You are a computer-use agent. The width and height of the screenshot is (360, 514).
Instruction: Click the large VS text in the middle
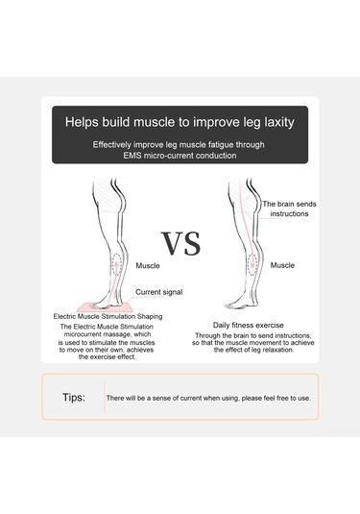click(x=180, y=243)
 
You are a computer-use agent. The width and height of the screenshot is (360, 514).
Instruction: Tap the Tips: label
click(x=74, y=398)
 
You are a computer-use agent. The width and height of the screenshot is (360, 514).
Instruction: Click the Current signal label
click(x=158, y=292)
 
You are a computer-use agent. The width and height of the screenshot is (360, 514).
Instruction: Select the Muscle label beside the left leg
click(x=148, y=265)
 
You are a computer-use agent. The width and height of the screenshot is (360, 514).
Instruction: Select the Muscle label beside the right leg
click(x=282, y=265)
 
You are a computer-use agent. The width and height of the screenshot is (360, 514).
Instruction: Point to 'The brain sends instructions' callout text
click(x=289, y=208)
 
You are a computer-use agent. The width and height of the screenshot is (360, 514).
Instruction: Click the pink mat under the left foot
click(x=106, y=307)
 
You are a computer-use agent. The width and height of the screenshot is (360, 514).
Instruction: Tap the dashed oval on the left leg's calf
click(x=116, y=265)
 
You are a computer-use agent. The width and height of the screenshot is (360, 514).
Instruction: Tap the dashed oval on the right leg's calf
click(x=252, y=264)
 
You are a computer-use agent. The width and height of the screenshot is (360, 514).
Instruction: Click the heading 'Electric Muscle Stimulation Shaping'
click(x=108, y=317)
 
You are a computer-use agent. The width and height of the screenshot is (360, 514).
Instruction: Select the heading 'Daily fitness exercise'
click(x=249, y=325)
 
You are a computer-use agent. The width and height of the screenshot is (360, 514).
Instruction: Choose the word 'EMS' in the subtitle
click(x=132, y=156)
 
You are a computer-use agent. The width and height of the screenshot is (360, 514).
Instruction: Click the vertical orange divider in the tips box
click(x=105, y=397)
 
